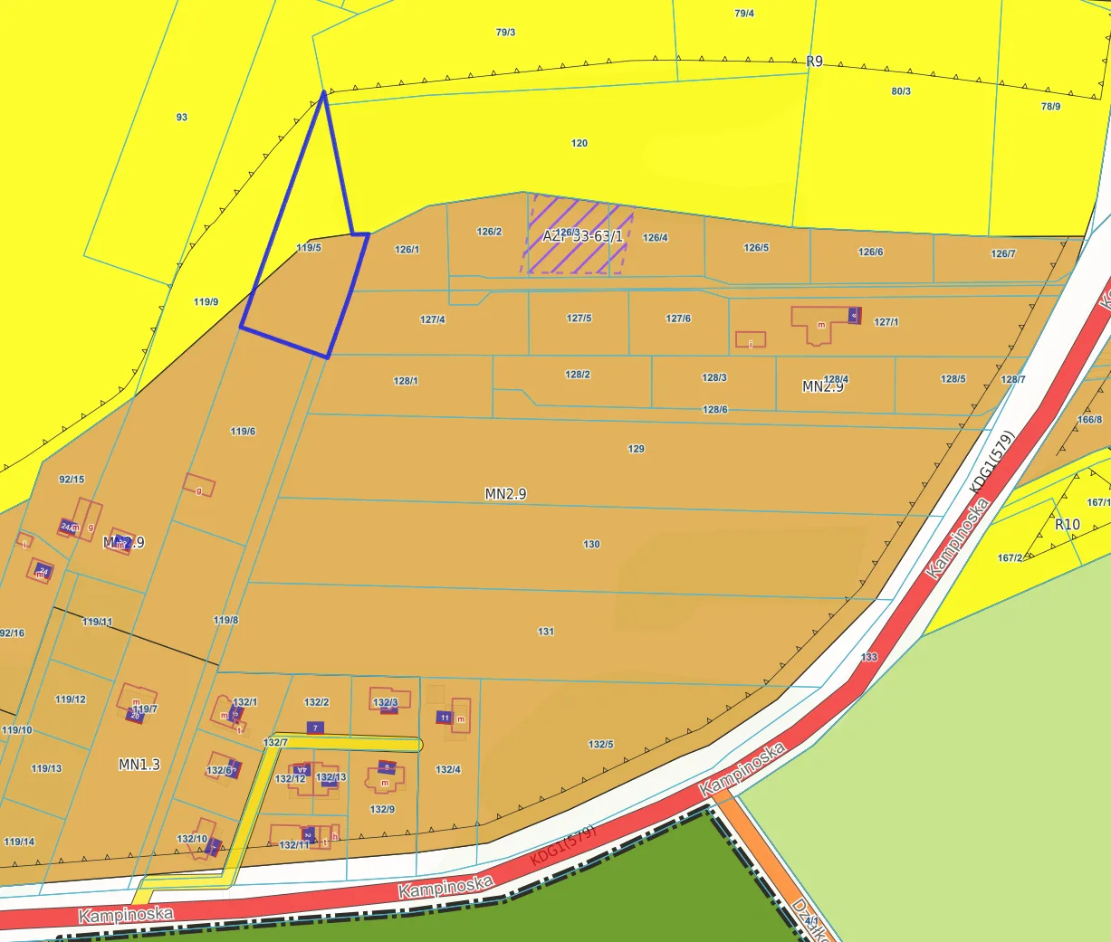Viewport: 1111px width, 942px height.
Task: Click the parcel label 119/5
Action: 309,248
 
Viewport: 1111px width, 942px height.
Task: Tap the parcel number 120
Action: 579,143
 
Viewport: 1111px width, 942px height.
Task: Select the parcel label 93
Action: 182,118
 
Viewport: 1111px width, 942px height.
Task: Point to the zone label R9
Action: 815,62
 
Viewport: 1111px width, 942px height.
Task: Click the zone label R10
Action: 1068,525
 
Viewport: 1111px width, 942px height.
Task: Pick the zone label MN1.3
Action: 139,765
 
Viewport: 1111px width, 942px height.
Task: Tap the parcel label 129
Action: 637,449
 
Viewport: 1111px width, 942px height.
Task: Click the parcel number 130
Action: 591,544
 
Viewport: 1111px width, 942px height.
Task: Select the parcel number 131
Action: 546,632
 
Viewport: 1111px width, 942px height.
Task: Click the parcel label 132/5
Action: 600,745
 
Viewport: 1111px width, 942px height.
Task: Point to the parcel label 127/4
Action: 433,319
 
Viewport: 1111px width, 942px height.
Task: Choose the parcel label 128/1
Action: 406,381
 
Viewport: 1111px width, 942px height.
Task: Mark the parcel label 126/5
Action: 756,248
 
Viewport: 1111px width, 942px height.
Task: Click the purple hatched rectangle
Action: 576,235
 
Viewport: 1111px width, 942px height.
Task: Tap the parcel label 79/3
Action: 505,33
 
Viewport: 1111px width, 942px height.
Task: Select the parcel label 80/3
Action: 901,91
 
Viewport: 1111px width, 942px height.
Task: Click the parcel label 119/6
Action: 243,432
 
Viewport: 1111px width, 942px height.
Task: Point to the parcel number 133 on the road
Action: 869,657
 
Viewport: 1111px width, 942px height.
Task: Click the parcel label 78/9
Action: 1050,107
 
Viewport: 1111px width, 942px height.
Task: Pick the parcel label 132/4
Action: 448,769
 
